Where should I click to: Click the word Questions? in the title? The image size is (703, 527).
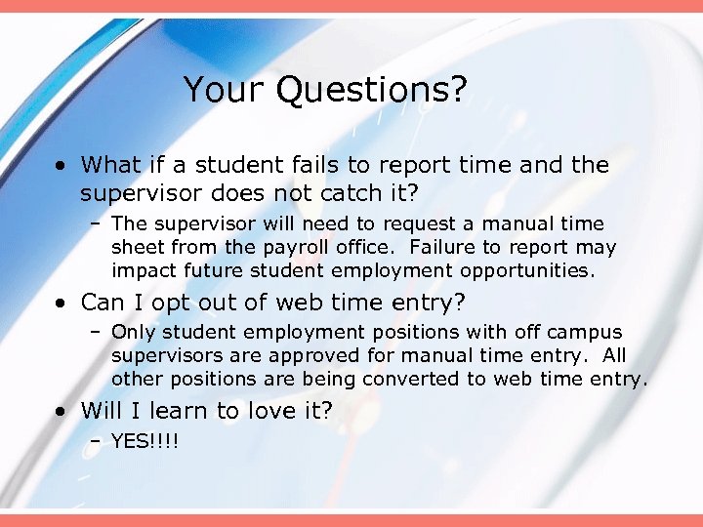[x=371, y=91]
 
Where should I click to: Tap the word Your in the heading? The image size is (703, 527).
[x=225, y=91]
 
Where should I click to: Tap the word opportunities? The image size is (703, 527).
[x=527, y=269]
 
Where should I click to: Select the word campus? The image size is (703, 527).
[x=580, y=333]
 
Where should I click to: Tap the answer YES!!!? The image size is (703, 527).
[x=146, y=441]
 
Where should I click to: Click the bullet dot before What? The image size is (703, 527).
[x=62, y=166]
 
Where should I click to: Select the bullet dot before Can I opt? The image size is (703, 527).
[x=62, y=304]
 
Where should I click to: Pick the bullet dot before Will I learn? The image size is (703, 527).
[x=62, y=411]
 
